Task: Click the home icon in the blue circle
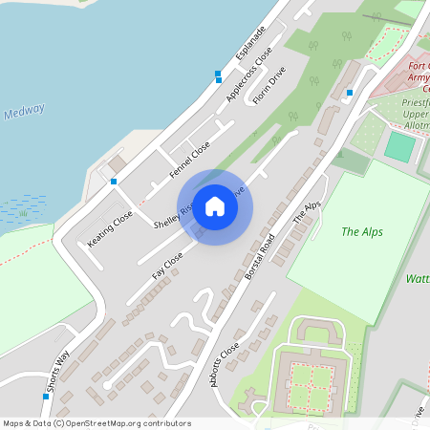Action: coord(215,205)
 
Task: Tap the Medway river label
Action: coord(24,111)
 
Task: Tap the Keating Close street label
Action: coord(110,229)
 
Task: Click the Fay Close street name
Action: coord(167,267)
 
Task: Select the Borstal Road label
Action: coord(259,256)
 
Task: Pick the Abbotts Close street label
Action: coord(224,368)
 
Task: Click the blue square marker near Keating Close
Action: coord(114,182)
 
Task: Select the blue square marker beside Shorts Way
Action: coord(45,396)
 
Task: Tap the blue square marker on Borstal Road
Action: coord(350,93)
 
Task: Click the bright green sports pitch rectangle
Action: coord(400,146)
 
